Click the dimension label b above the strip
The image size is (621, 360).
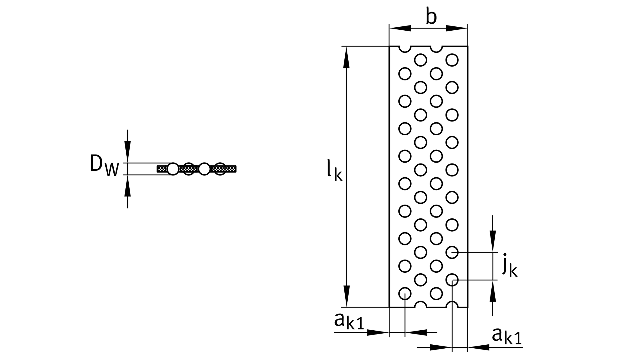point(431,17)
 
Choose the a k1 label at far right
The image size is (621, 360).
point(507,337)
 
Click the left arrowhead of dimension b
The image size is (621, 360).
point(400,28)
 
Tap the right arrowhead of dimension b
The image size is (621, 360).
point(457,28)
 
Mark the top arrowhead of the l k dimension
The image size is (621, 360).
point(346,58)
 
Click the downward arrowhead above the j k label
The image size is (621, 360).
point(493,241)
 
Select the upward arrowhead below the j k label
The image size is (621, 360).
point(493,291)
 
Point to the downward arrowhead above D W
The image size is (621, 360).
point(127,151)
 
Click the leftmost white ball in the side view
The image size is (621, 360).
point(173,169)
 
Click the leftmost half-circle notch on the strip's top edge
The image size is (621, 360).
point(405,48)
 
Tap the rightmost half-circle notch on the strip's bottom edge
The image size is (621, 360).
point(452,305)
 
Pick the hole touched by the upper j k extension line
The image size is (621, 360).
point(452,253)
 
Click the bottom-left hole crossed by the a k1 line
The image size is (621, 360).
point(405,293)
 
